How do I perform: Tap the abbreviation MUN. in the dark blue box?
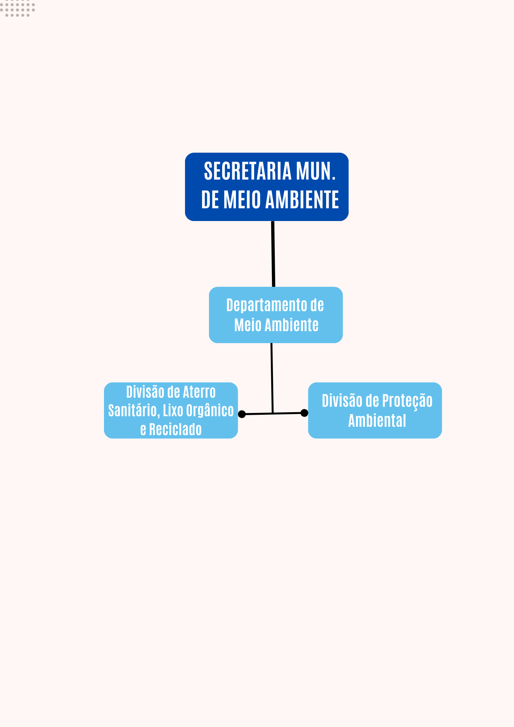tap(316, 171)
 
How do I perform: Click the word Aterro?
tap(199, 392)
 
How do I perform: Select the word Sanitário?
tap(134, 411)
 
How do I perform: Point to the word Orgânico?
tap(210, 411)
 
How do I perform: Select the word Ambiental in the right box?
tap(377, 421)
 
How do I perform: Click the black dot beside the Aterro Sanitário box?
tap(242, 414)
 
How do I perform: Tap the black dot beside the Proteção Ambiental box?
tap(304, 413)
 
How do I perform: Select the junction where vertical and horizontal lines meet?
tap(273, 413)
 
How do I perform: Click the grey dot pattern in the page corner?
tap(17, 8)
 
